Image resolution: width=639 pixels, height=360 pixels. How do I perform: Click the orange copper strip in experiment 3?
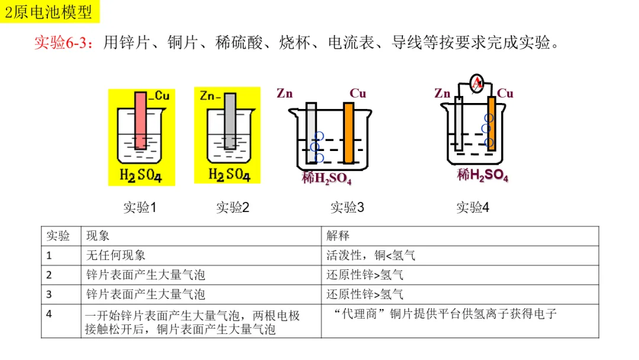348,133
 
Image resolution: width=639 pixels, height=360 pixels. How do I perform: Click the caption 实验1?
140,207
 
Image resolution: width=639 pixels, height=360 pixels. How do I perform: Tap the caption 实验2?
233,207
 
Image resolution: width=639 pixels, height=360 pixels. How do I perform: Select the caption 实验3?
347,207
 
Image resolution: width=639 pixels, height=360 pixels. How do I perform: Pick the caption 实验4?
473,207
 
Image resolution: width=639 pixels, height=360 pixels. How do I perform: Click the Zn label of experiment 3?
285,94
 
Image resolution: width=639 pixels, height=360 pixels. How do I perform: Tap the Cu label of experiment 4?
505,94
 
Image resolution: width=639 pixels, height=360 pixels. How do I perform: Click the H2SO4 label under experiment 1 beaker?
141,175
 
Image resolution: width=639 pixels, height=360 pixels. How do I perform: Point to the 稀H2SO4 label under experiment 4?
482,175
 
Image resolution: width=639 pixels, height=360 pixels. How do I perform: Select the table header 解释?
338,236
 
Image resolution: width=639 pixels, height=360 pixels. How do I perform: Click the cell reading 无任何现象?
116,255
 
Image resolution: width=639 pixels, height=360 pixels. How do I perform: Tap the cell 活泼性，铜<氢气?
371,255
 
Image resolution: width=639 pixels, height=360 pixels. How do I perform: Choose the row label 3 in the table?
49,294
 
